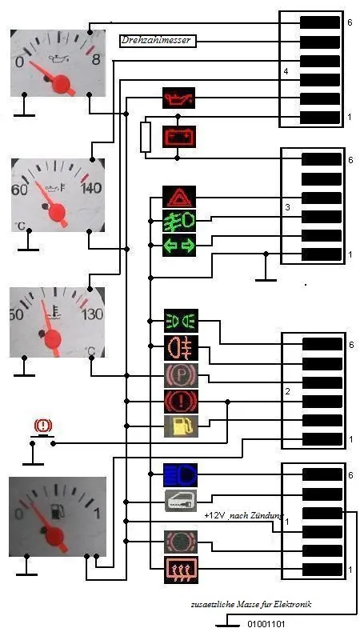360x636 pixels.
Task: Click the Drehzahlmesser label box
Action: (158, 41)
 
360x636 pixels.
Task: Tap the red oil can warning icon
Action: (178, 98)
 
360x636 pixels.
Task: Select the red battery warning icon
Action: (178, 137)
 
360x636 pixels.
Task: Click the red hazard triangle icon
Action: (179, 197)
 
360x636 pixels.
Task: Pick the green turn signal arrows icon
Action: (179, 246)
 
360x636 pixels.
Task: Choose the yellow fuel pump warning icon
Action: (182, 426)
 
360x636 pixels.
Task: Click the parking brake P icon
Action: (182, 375)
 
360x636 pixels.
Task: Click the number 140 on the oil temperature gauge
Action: (91, 189)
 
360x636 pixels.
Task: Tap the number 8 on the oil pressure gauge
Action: (96, 60)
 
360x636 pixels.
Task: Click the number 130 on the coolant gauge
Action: (93, 314)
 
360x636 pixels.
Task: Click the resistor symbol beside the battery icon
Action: (146, 137)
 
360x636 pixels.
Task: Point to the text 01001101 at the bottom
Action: (266, 624)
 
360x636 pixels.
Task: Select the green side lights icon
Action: (182, 321)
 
